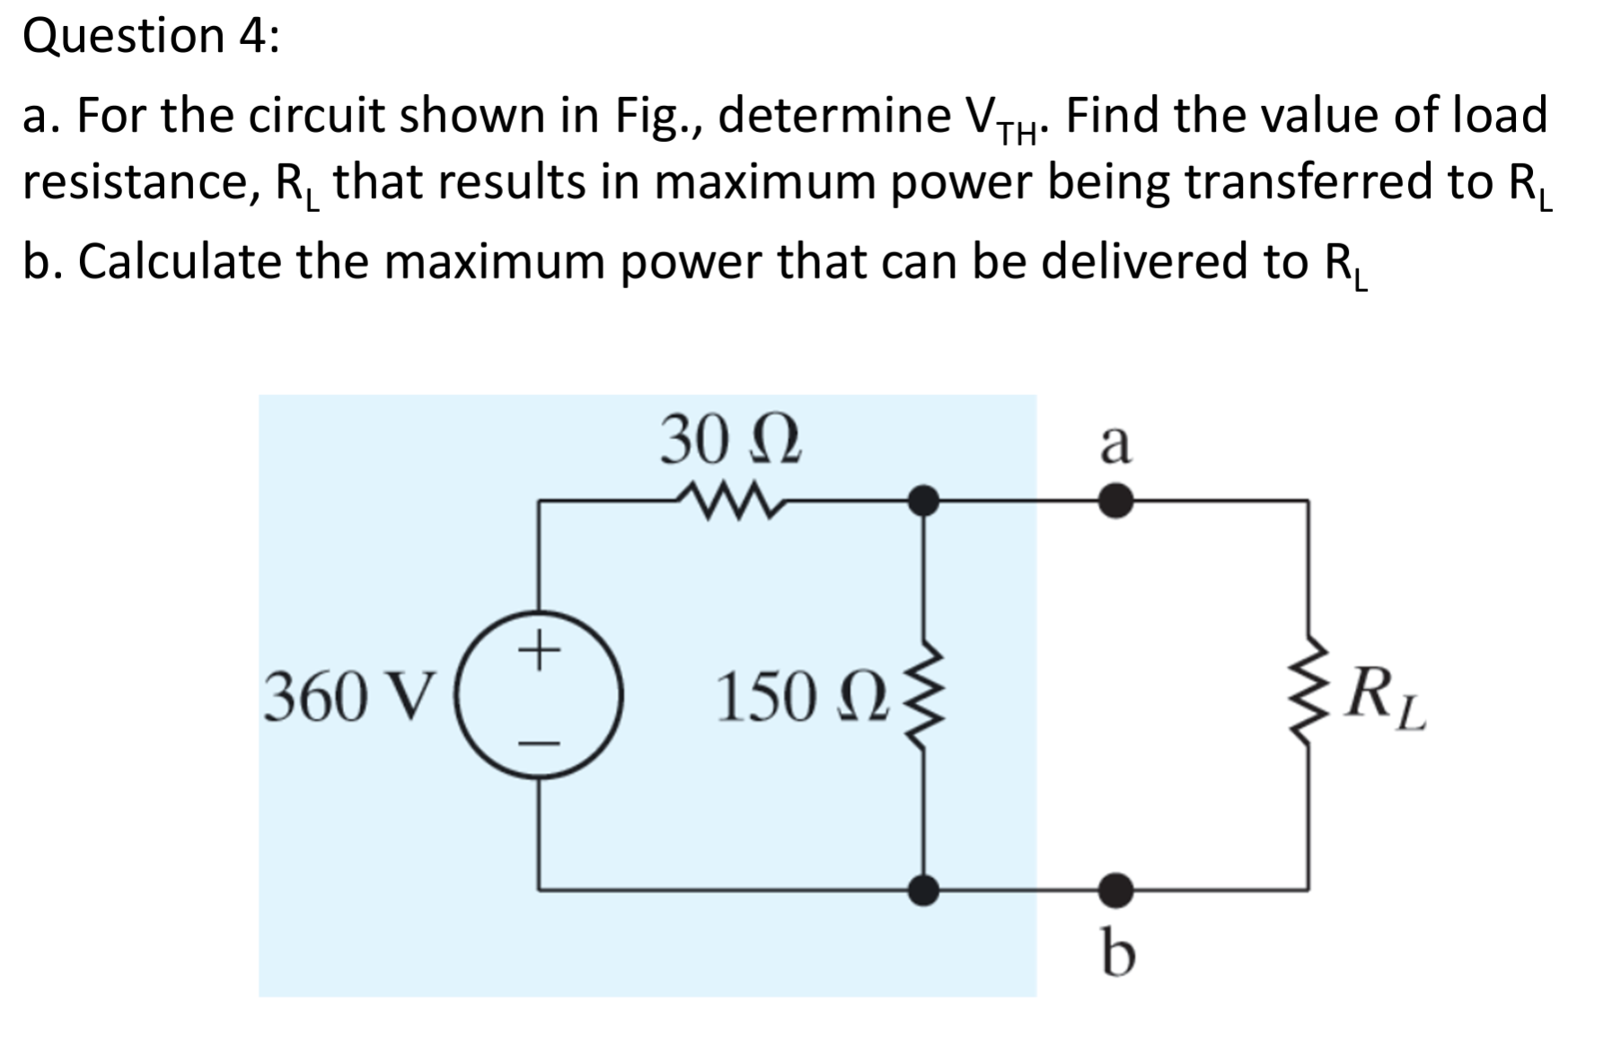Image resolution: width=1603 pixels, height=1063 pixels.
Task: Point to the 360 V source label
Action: pyautogui.click(x=351, y=697)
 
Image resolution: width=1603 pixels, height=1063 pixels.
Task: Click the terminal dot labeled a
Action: pyautogui.click(x=1115, y=501)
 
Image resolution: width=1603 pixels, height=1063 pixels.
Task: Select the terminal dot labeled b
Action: pyautogui.click(x=1115, y=890)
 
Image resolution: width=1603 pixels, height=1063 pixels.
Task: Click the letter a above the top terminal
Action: pyautogui.click(x=1115, y=444)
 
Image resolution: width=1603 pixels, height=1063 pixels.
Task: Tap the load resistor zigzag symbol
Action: pyautogui.click(x=1308, y=697)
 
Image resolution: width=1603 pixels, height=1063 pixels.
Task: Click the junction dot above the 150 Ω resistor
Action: pyautogui.click(x=924, y=501)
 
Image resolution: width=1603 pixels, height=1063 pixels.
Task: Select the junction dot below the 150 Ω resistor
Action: pyautogui.click(x=924, y=890)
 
